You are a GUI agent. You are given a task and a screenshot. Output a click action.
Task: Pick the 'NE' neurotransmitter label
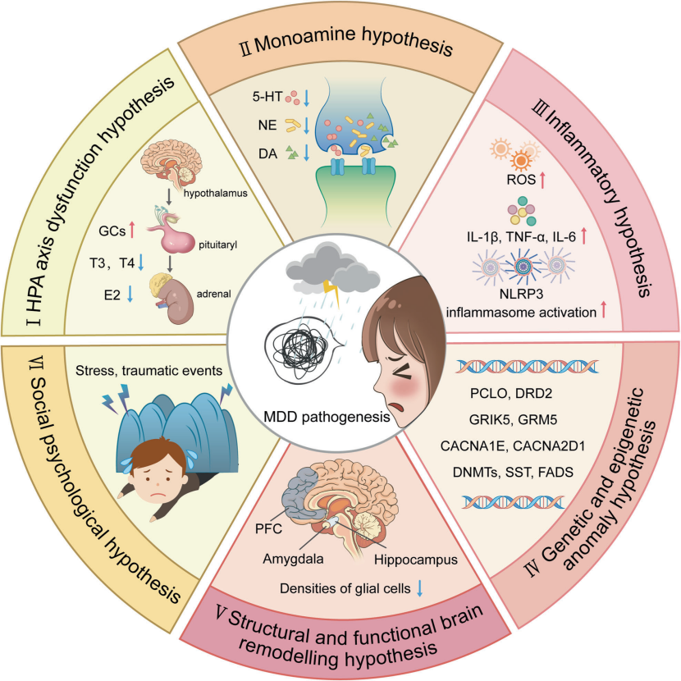(263, 126)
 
